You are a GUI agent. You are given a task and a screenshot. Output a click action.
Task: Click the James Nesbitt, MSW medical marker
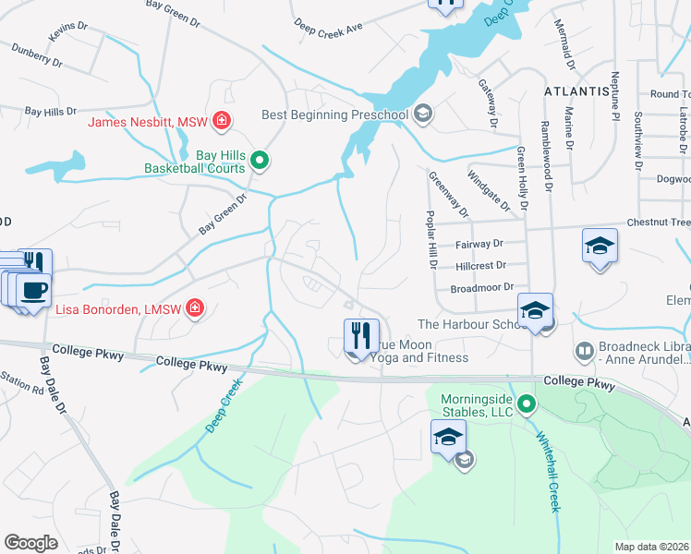pos(222,120)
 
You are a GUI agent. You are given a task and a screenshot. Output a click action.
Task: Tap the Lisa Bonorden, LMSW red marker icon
pos(195,307)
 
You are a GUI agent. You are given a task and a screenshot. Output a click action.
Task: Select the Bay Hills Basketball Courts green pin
pos(260,161)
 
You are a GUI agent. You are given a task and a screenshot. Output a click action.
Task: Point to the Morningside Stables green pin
pos(527,403)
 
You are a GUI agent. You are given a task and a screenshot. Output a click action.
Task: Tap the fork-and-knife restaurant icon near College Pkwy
pos(358,336)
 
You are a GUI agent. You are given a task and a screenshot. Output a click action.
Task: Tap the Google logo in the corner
pos(30,543)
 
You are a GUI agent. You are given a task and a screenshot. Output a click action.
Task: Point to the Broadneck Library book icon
pos(584,350)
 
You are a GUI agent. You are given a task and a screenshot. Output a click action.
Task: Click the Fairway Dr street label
pos(479,244)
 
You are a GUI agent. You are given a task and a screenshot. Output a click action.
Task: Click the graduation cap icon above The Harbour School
pos(535,310)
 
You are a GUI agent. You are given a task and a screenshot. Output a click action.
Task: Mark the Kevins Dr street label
pos(67,32)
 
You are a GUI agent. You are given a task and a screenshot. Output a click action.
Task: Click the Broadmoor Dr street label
pos(481,288)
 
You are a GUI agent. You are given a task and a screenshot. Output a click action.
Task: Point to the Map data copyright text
pos(652,547)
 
